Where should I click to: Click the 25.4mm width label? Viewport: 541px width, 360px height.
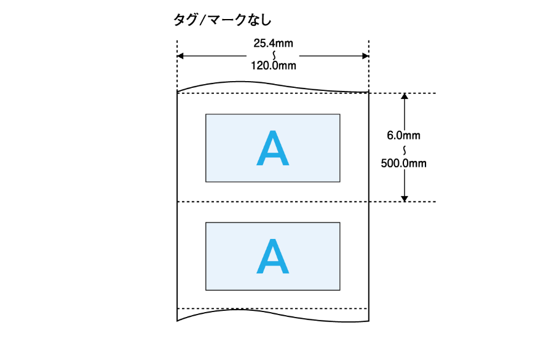(273, 44)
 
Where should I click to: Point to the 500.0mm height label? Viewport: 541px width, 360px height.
(404, 163)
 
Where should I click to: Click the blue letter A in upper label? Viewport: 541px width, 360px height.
(272, 149)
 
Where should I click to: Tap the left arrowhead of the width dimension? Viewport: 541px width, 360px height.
(181, 56)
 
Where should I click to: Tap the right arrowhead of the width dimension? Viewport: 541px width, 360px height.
(365, 56)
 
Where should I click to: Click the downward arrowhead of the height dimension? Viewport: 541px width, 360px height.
(404, 198)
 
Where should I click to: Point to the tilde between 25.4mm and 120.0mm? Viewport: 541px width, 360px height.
(273, 55)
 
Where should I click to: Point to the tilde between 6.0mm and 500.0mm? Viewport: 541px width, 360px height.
(404, 150)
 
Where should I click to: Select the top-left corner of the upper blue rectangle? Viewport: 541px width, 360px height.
(206, 114)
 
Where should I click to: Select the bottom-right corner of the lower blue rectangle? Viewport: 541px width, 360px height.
(340, 289)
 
